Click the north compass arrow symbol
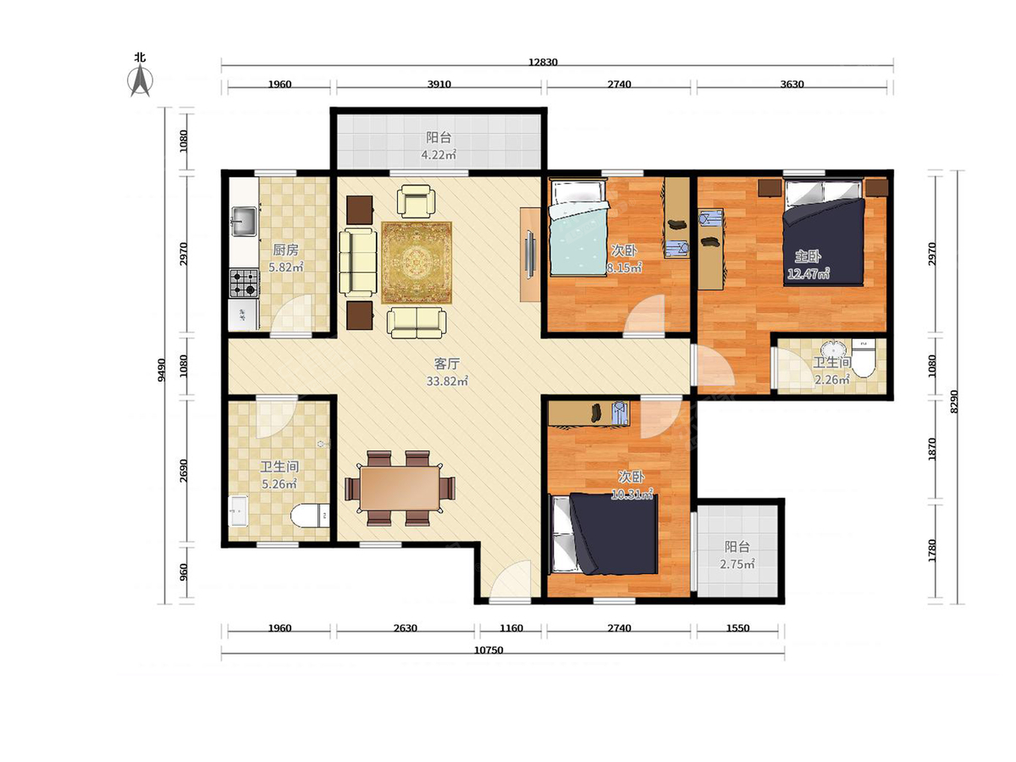[140, 81]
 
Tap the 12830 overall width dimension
[543, 62]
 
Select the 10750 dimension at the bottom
[489, 650]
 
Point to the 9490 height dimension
[161, 370]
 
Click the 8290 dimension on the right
[952, 401]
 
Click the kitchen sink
[244, 221]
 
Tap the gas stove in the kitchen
[244, 283]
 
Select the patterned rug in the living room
[416, 262]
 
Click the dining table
[400, 489]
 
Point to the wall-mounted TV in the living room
[529, 254]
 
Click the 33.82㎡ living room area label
[447, 381]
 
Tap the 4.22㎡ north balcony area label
[438, 155]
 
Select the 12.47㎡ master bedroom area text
[809, 273]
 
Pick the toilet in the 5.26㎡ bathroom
[310, 515]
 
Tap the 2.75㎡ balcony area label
[737, 564]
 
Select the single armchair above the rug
[416, 201]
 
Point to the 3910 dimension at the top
[439, 84]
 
